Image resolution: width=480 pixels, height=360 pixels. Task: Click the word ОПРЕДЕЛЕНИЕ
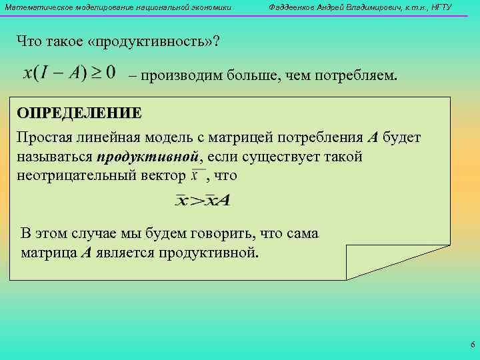[x=79, y=112]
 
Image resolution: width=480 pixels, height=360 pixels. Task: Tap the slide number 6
[x=472, y=345]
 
